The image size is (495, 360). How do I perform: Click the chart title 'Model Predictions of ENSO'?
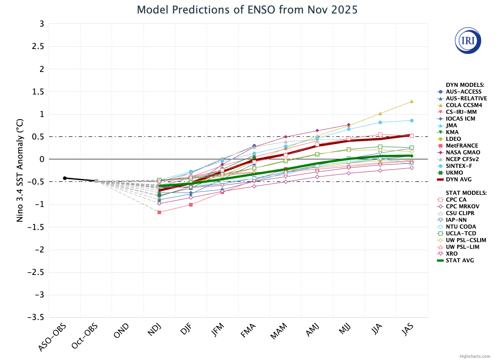(247, 9)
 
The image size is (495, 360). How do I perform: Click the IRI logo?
(468, 40)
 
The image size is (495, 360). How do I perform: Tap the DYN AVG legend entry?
(459, 179)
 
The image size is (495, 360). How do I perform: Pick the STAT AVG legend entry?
(459, 260)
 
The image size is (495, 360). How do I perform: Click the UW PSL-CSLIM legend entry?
(466, 240)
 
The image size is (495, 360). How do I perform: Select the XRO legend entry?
(452, 253)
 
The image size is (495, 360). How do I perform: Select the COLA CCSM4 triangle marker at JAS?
(411, 101)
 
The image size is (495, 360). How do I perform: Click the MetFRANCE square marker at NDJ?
(159, 212)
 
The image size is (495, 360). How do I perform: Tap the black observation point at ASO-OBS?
(65, 178)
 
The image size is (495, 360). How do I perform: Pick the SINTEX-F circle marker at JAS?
(411, 121)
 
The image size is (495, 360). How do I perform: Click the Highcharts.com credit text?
(475, 356)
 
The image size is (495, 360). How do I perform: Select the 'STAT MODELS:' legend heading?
(466, 193)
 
